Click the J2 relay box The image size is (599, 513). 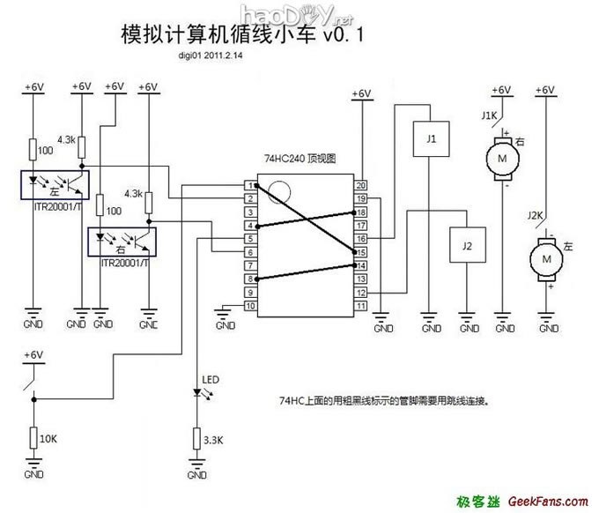(x=467, y=245)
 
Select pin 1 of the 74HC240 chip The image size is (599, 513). (x=253, y=186)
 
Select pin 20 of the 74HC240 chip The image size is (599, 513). (x=361, y=186)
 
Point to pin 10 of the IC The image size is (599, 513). (x=253, y=306)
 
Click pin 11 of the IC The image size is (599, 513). (x=361, y=306)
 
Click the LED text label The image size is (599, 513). (x=211, y=381)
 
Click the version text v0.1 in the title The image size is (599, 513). (x=347, y=34)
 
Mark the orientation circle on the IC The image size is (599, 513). (x=279, y=191)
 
